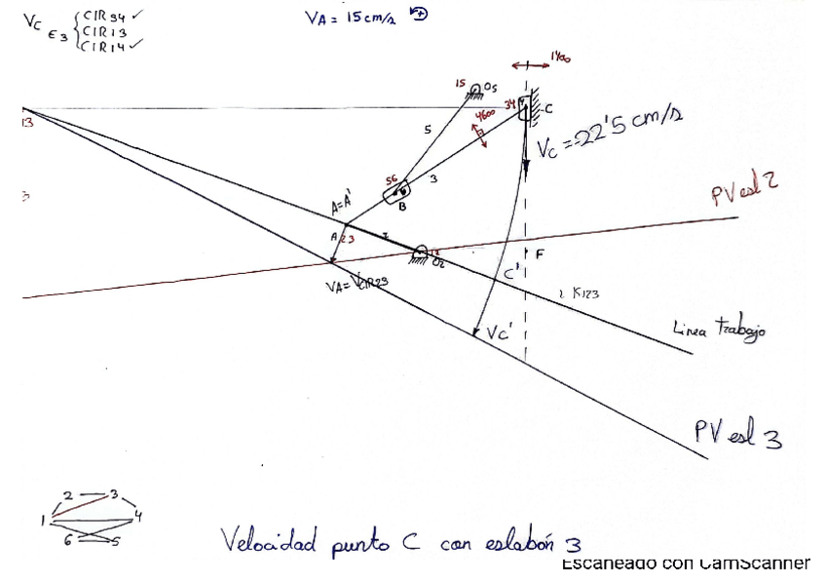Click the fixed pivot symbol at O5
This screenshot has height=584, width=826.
click(477, 90)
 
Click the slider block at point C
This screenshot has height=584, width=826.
click(526, 108)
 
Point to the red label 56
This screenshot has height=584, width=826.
click(390, 179)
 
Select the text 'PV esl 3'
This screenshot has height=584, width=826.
click(737, 435)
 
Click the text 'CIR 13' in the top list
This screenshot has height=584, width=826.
click(100, 30)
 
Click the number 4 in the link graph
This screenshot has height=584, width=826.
click(137, 516)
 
